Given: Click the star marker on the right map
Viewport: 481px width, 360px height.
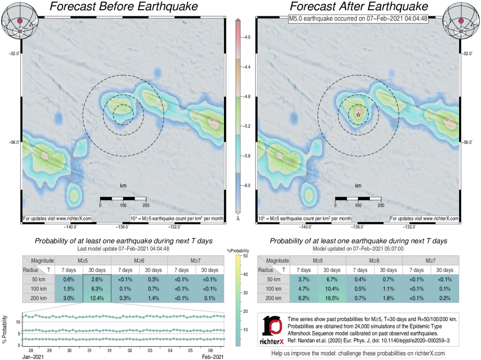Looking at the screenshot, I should [358, 113].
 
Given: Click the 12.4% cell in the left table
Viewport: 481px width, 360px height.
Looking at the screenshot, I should [97, 298].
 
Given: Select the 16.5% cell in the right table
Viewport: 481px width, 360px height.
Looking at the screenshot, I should [332, 298].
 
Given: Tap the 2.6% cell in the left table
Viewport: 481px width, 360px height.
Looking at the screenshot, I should [97, 280].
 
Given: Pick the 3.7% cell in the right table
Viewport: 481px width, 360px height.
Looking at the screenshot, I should [304, 280].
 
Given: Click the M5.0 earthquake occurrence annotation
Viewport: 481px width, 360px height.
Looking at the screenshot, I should [358, 18].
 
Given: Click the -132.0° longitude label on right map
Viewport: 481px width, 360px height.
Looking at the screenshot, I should [409, 226].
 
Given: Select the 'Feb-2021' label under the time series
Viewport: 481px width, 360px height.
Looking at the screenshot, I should [212, 355].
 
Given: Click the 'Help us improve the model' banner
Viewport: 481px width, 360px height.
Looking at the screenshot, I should [358, 354].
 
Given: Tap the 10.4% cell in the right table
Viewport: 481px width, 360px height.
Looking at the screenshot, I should [332, 289].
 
